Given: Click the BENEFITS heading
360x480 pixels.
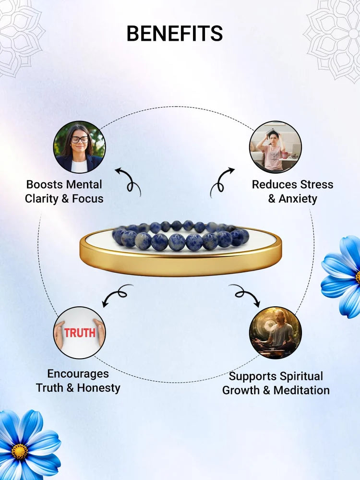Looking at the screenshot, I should [x=175, y=34].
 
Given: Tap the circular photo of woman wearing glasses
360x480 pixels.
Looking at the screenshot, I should [x=79, y=147].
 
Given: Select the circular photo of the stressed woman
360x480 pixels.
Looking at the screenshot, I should [x=276, y=147].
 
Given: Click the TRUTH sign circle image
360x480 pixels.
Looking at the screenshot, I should [x=79, y=333].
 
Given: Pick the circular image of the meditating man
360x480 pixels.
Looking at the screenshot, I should [x=276, y=333].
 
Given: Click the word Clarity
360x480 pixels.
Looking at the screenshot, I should [x=41, y=198].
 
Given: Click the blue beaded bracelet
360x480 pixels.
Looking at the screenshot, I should [x=180, y=237].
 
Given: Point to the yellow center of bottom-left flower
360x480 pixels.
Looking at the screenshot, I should [x=20, y=452].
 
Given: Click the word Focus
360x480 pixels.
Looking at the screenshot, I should [x=87, y=198].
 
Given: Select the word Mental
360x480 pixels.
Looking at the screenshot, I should [x=84, y=184].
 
